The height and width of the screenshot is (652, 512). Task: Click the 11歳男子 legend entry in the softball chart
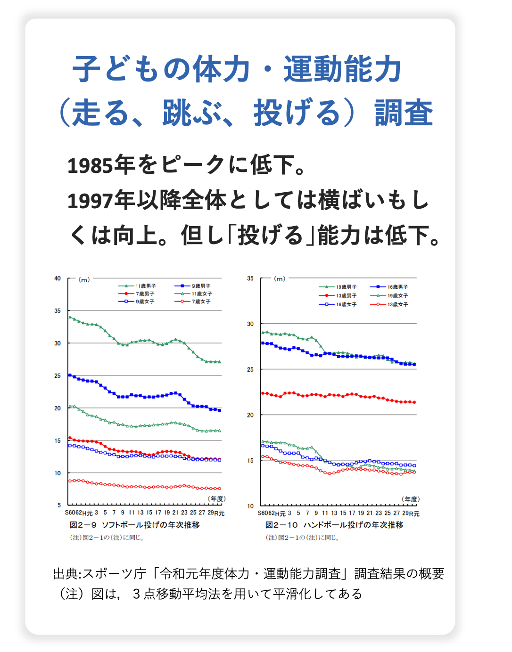(x=146, y=286)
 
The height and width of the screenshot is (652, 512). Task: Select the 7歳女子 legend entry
(x=201, y=302)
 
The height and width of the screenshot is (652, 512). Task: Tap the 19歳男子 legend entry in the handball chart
(x=346, y=287)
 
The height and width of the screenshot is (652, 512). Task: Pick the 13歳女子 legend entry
(x=397, y=304)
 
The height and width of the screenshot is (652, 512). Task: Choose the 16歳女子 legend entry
(x=346, y=304)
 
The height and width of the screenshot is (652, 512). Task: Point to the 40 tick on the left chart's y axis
(x=58, y=278)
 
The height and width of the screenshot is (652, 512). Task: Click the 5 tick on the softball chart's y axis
(x=59, y=505)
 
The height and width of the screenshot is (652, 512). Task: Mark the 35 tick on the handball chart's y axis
(x=250, y=278)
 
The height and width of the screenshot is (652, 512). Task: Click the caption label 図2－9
(x=83, y=525)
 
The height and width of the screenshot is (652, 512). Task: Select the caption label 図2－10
(x=281, y=525)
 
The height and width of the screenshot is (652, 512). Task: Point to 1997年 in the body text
(x=101, y=201)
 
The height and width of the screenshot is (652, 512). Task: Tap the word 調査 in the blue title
(x=404, y=114)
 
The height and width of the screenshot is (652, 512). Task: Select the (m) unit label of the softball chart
(x=84, y=279)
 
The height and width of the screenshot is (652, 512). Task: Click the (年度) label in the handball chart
(x=410, y=499)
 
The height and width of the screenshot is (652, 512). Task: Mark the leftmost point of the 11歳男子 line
(x=70, y=317)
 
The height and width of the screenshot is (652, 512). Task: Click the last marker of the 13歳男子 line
(x=414, y=402)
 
